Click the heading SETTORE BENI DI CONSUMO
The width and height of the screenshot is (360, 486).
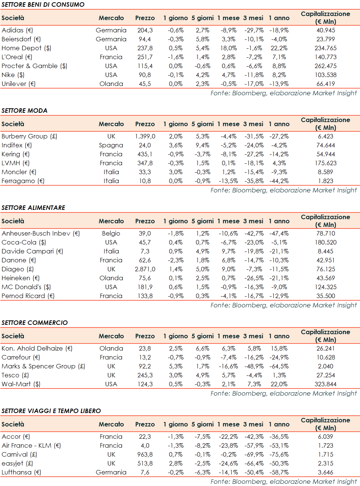(x=43, y=4)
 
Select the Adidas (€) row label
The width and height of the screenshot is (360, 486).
(x=17, y=30)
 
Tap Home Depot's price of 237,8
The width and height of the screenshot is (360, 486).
(x=145, y=48)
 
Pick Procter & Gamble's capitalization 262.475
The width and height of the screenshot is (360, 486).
(x=325, y=66)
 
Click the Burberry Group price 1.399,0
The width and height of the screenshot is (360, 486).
(x=145, y=136)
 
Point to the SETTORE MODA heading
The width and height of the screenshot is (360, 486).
(x=25, y=111)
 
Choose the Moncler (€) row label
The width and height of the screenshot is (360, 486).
(x=19, y=172)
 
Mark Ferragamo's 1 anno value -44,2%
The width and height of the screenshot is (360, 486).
(x=279, y=181)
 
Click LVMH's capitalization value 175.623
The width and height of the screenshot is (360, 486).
(x=325, y=163)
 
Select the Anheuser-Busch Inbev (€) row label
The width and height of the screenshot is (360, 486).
(x=41, y=233)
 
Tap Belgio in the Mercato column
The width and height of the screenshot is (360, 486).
(x=111, y=233)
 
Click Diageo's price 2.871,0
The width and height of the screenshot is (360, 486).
(x=145, y=269)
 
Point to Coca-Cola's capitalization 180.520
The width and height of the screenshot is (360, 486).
(x=325, y=242)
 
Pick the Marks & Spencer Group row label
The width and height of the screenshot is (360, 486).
(x=43, y=366)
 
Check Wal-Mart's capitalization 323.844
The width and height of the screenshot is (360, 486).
(x=325, y=384)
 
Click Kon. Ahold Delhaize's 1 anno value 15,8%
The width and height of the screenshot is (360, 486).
(x=279, y=348)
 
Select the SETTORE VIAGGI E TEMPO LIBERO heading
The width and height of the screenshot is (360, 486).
(x=51, y=411)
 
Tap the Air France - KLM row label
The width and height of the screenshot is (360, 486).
(x=31, y=445)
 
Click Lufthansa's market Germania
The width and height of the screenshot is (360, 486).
(x=111, y=472)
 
